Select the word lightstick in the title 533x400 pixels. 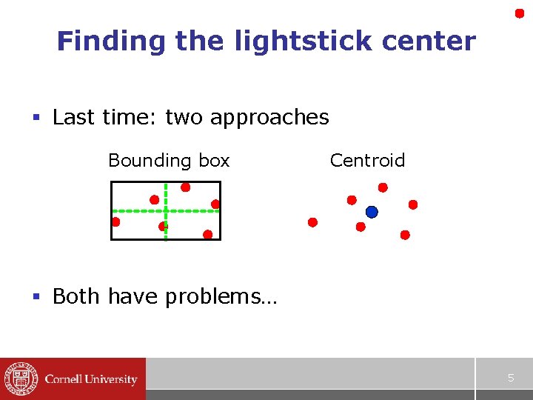click(275, 41)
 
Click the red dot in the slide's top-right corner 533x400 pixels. click(520, 13)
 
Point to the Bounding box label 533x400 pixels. click(169, 161)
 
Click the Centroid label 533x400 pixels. click(367, 161)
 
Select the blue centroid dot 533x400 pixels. click(372, 212)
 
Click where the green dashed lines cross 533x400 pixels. click(165, 210)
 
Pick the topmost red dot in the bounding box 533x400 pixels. click(185, 187)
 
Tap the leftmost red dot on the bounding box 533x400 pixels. click(115, 221)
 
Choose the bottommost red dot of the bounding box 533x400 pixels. click(207, 234)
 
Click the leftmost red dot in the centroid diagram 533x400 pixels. click(312, 222)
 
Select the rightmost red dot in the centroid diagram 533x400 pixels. click(413, 204)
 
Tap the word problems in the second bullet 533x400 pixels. click(220, 296)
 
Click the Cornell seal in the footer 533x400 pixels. click(20, 379)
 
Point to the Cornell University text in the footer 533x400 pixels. click(91, 379)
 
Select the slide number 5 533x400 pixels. click(510, 379)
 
